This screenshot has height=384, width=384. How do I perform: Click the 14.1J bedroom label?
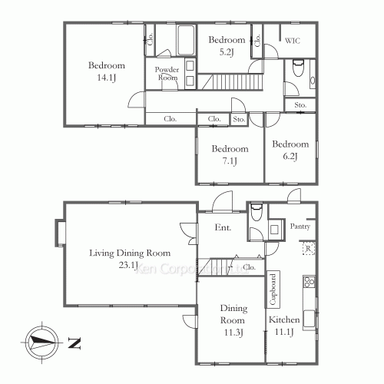click(101, 70)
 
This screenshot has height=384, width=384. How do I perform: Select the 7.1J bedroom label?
click(230, 154)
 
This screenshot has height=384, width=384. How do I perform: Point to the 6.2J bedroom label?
click(290, 150)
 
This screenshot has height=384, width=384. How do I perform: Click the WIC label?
click(293, 41)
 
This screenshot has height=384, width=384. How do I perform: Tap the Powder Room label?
click(167, 74)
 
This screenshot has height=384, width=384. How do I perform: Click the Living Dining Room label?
click(128, 259)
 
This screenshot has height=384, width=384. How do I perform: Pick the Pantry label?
click(300, 226)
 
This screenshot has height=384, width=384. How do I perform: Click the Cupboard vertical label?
click(273, 290)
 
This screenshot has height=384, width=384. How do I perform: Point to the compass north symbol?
click(41, 342)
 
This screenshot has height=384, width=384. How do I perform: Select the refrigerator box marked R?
click(307, 248)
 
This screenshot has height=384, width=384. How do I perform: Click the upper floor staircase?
click(230, 81)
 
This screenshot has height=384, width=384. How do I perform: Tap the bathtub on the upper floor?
click(186, 38)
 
